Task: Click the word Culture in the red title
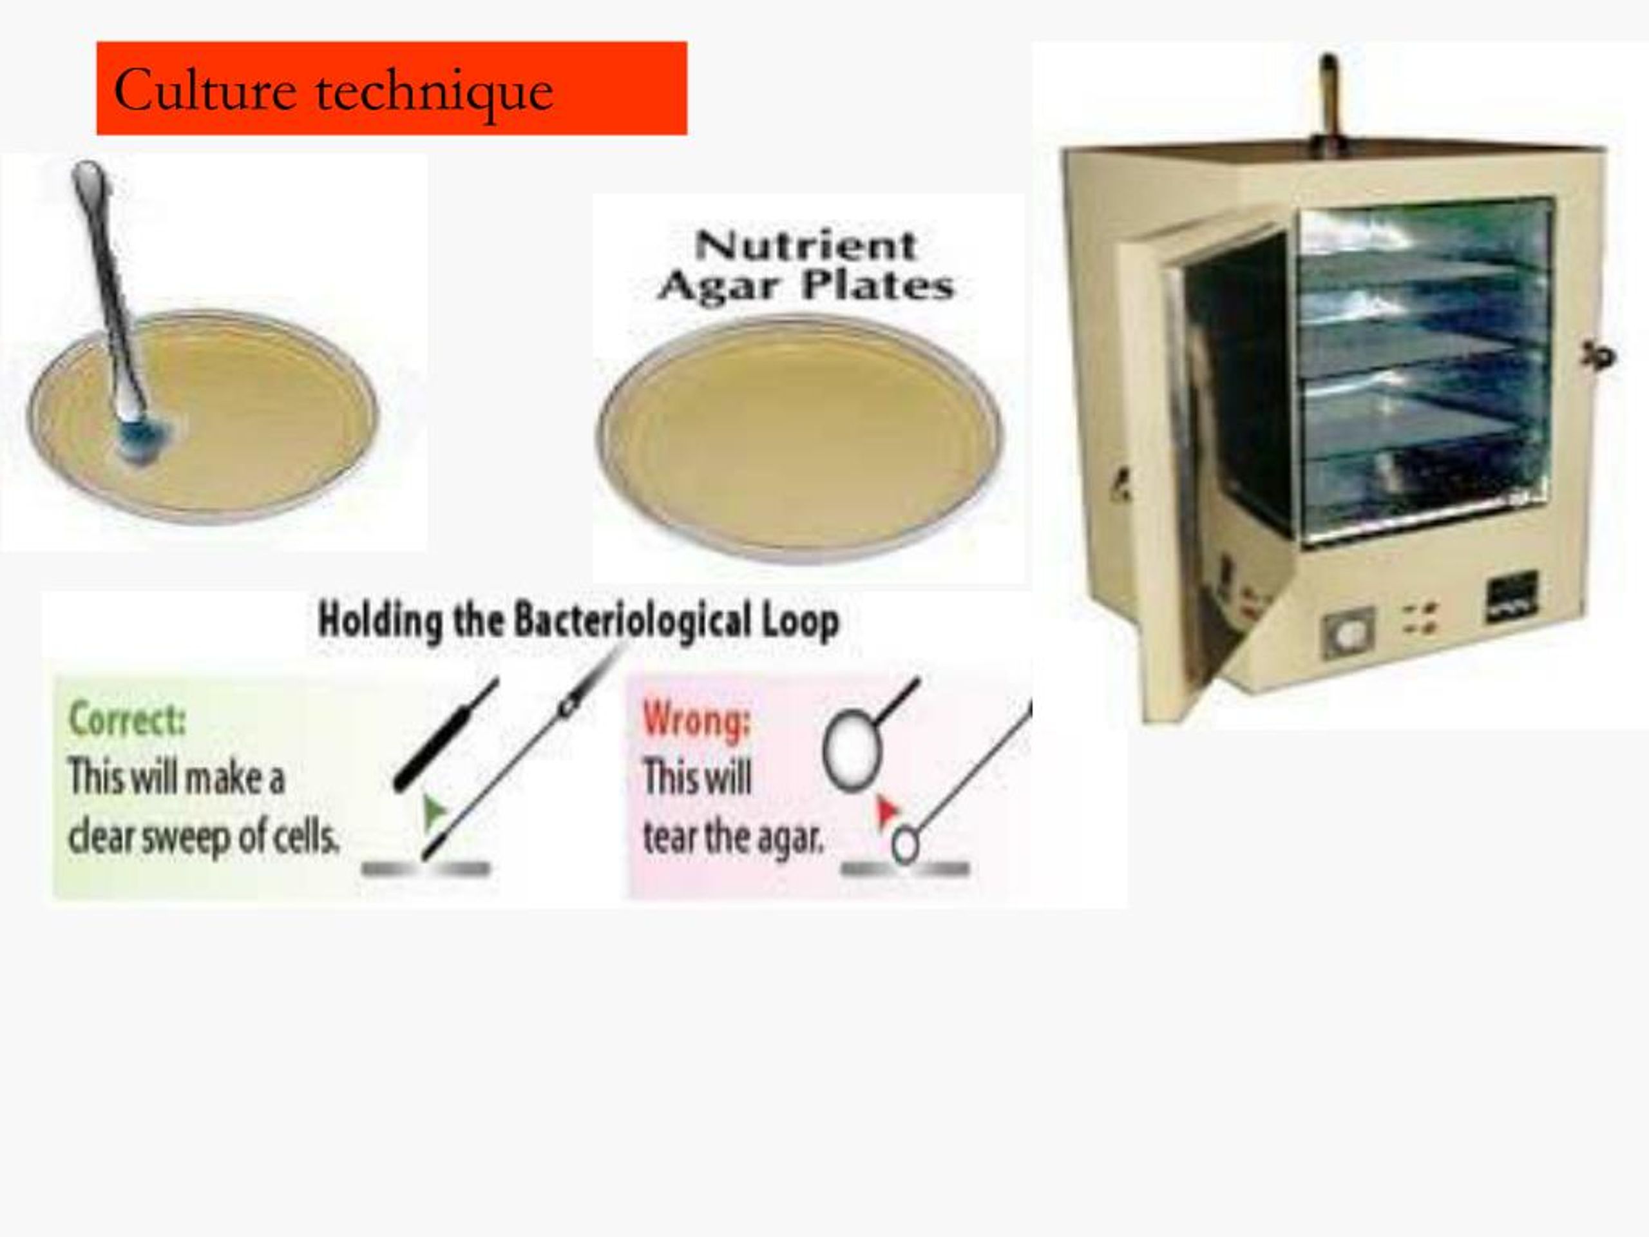204,91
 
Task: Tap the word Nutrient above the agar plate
805,245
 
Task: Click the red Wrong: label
696,720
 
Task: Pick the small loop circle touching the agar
905,845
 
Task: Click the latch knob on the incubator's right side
1600,356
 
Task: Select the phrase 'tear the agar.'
734,838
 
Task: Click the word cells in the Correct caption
306,838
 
